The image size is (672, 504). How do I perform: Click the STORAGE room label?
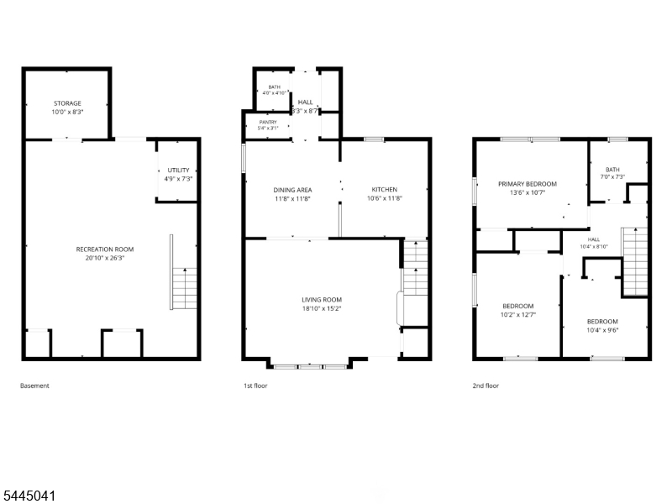pyautogui.click(x=67, y=103)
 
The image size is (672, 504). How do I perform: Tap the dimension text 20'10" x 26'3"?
pyautogui.click(x=105, y=258)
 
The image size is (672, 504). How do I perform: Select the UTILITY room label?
pyautogui.click(x=178, y=171)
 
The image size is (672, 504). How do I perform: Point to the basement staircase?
pyautogui.click(x=184, y=288)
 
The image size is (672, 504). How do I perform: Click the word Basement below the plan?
pyautogui.click(x=34, y=386)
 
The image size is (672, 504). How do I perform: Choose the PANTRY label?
pyautogui.click(x=268, y=122)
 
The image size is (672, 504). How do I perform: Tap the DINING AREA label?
pyautogui.click(x=292, y=190)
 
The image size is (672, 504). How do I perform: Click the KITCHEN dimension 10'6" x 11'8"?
pyautogui.click(x=385, y=198)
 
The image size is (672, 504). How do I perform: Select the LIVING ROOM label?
pyautogui.click(x=322, y=300)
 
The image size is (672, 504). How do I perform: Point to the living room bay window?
pyautogui.click(x=310, y=366)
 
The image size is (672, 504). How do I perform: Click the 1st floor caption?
pyautogui.click(x=255, y=386)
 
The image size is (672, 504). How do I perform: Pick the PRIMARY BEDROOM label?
pyautogui.click(x=528, y=184)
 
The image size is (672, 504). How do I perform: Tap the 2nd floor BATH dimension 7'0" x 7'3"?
pyautogui.click(x=613, y=176)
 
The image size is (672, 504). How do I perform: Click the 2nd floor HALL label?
pyautogui.click(x=594, y=239)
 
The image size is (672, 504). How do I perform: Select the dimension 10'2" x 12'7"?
pyautogui.click(x=518, y=314)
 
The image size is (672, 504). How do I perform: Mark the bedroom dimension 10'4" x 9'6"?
pyautogui.click(x=602, y=330)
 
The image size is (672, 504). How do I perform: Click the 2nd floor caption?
pyautogui.click(x=486, y=386)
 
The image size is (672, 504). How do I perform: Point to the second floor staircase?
pyautogui.click(x=635, y=261)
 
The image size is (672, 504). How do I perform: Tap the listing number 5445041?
pyautogui.click(x=29, y=496)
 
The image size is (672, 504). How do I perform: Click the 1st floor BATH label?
pyautogui.click(x=275, y=87)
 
